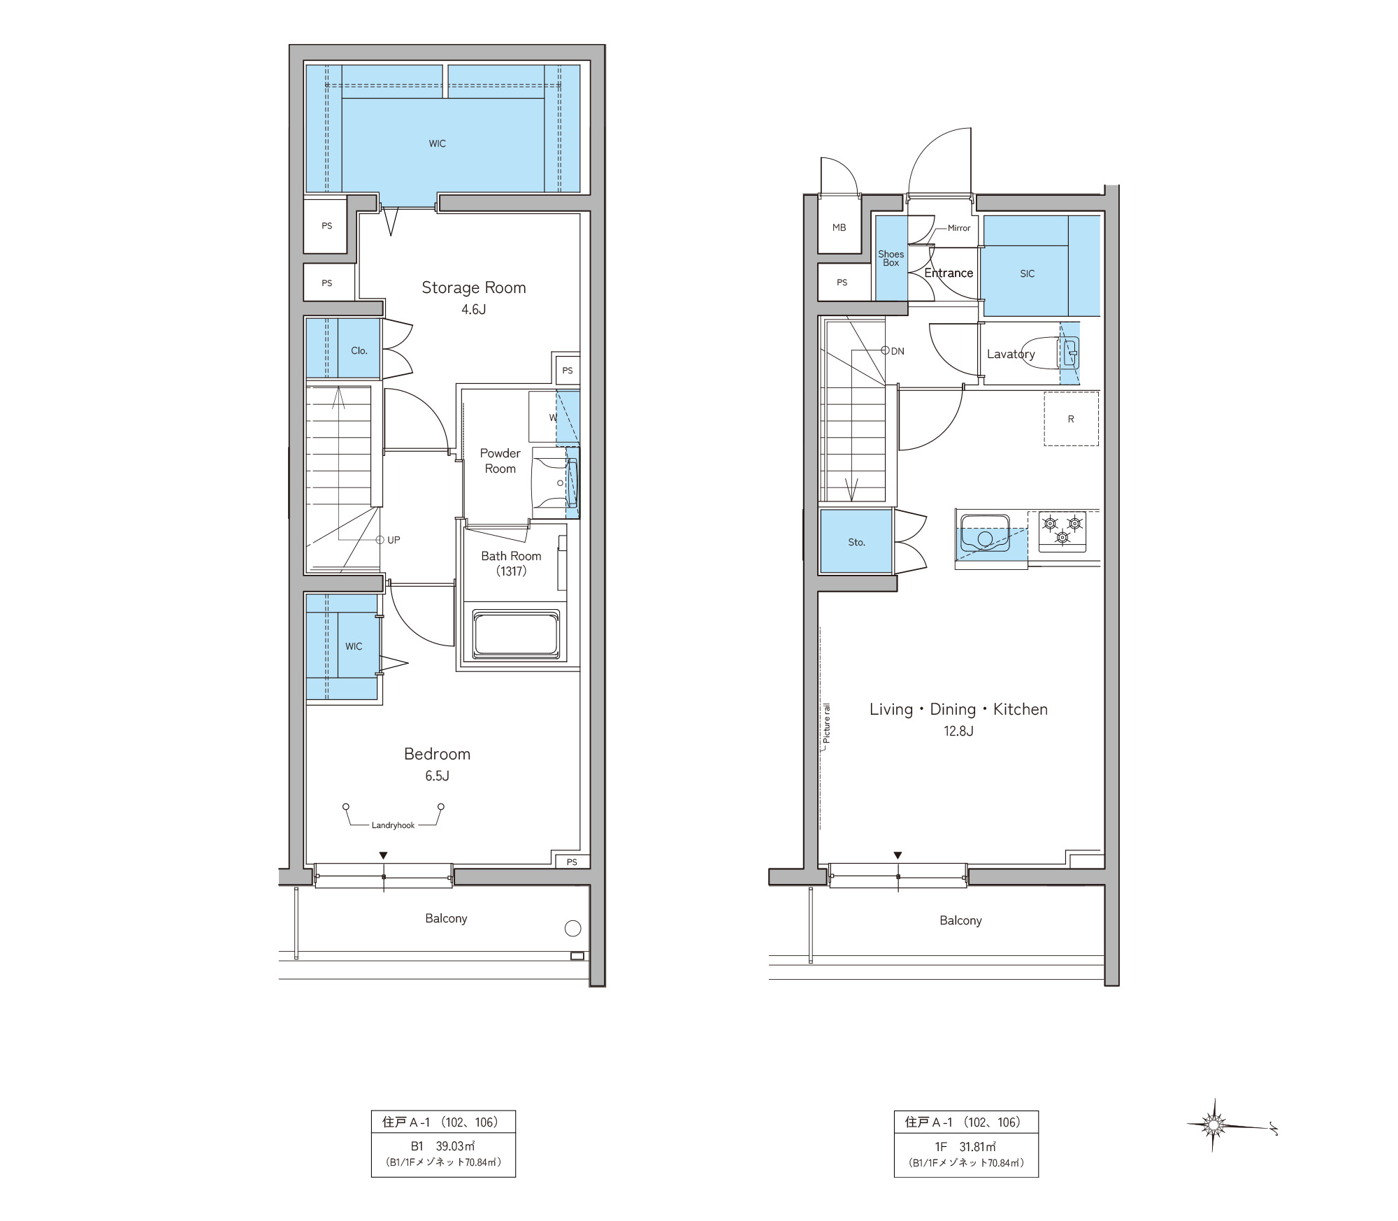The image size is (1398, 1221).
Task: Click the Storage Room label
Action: click(473, 287)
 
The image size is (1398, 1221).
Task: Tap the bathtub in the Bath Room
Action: click(517, 634)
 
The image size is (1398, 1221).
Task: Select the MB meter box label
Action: click(839, 227)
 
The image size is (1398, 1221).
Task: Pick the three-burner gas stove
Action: click(1062, 531)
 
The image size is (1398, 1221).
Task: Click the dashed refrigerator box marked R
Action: click(1071, 419)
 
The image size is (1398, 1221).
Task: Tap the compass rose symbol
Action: click(1213, 1125)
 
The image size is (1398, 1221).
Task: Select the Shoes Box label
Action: click(891, 258)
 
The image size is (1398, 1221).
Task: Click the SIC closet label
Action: click(1028, 273)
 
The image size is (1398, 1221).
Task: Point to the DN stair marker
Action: click(894, 351)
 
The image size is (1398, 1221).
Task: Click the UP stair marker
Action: click(388, 540)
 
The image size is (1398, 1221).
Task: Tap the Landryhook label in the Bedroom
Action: click(393, 825)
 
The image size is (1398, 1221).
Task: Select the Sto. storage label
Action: click(856, 542)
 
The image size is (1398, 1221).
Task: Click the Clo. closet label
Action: click(359, 350)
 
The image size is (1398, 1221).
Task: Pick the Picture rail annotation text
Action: click(826, 723)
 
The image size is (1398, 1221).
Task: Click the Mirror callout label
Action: click(959, 228)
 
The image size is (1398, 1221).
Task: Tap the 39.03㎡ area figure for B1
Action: click(455, 1146)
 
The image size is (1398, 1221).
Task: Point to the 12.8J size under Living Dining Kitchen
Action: click(958, 731)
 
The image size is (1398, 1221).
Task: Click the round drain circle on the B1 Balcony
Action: click(572, 929)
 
